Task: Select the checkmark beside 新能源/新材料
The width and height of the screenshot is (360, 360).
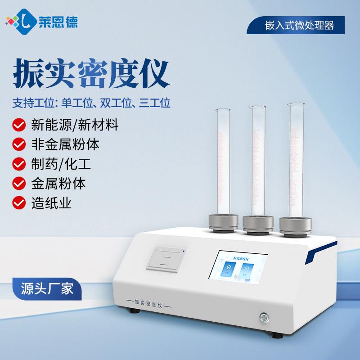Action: [x=18, y=124]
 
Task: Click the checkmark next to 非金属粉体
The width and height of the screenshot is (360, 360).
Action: [x=18, y=144]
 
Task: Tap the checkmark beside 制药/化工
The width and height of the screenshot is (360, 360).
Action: [x=18, y=164]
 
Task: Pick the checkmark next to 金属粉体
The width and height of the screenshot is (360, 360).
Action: [x=18, y=184]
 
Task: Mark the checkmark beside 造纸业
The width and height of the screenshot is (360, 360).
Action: [x=18, y=203]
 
